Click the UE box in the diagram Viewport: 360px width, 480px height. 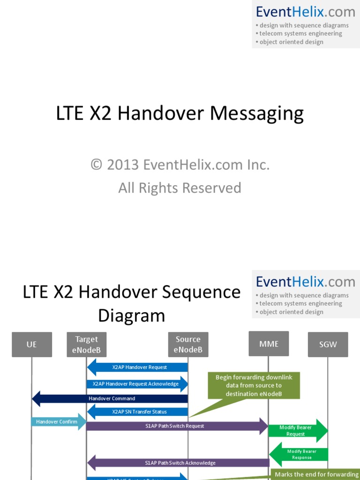[31, 344]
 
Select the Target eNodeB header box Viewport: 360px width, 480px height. [86, 345]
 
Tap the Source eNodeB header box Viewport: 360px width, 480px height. [188, 345]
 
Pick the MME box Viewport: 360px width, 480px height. [269, 344]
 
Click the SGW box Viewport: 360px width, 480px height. [328, 344]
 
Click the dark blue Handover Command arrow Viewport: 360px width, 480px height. [110, 398]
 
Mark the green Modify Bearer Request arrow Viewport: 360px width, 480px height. [298, 431]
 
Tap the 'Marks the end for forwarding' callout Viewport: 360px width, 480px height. [316, 474]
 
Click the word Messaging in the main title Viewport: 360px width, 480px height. [256, 114]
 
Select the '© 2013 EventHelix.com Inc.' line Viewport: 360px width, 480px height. [180, 165]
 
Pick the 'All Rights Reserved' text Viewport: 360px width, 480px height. [180, 188]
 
